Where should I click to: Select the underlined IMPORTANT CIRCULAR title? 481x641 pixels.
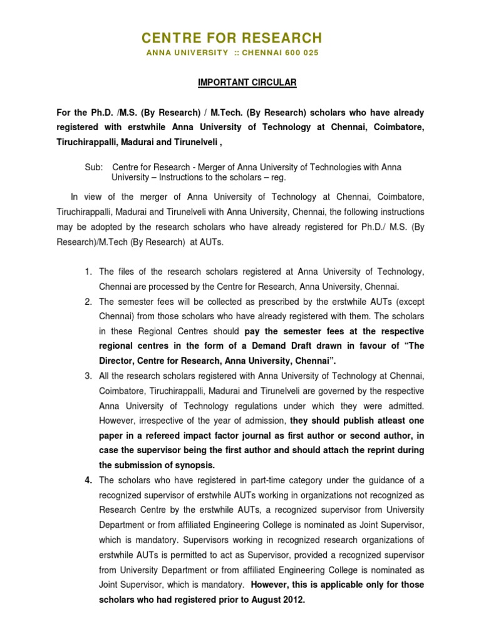tap(240, 83)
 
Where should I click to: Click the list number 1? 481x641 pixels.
tap(88, 271)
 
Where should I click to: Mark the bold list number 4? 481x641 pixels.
tap(88, 480)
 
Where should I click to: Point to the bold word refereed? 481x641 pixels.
tap(172, 435)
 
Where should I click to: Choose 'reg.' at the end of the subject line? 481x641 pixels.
tap(277, 178)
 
